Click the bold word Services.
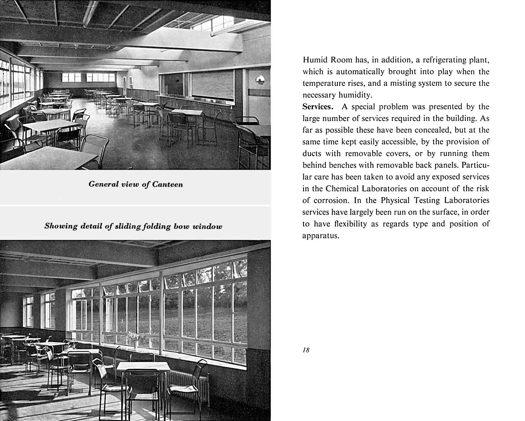(x=318, y=107)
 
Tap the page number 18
(x=306, y=350)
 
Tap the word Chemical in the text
(x=342, y=189)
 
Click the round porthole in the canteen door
(x=260, y=80)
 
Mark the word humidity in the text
(x=355, y=95)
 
